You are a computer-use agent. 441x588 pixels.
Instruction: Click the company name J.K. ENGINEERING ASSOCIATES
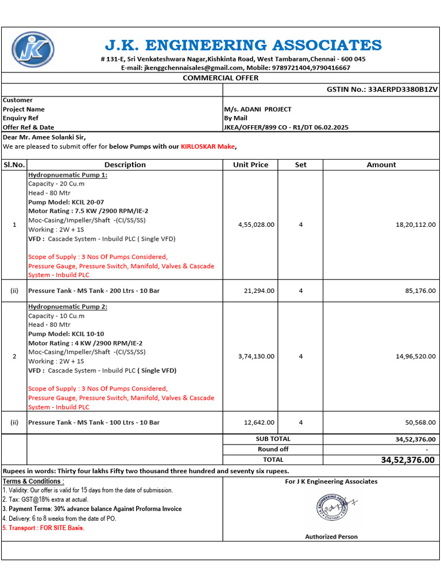(x=243, y=45)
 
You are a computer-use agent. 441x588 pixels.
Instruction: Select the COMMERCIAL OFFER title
(x=220, y=78)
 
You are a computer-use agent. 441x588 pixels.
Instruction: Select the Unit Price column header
(x=250, y=165)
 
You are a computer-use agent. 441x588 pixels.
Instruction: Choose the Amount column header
(x=381, y=165)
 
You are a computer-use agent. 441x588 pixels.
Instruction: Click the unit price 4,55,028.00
(x=256, y=225)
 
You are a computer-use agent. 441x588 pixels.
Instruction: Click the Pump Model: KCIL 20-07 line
(x=66, y=202)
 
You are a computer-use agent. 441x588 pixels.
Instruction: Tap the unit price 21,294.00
(x=260, y=291)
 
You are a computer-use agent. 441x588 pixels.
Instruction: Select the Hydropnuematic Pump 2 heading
(x=68, y=307)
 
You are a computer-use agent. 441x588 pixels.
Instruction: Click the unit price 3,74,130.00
(x=256, y=356)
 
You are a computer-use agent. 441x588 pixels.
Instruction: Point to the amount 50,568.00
(x=420, y=422)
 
